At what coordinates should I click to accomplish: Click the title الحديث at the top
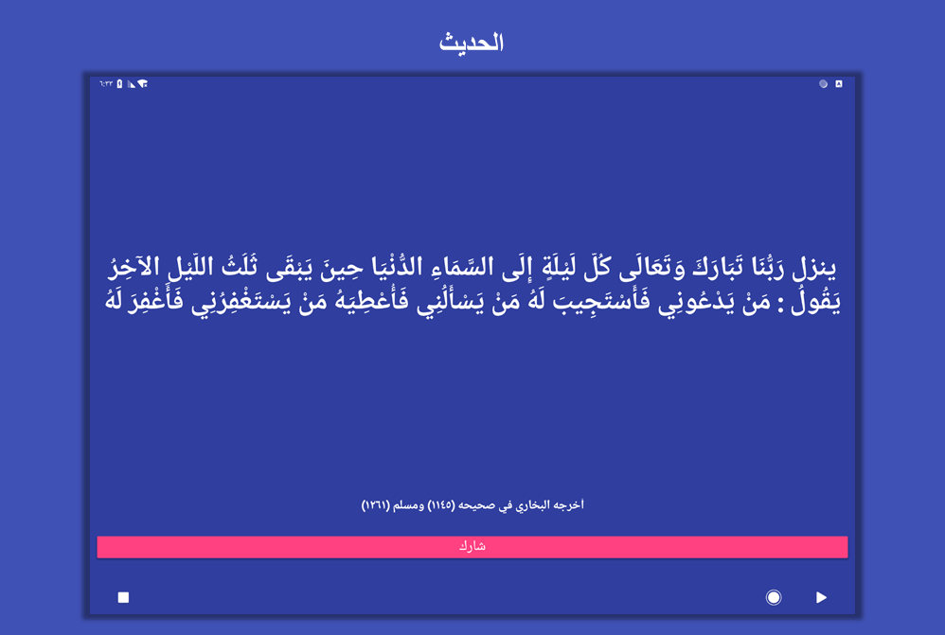[472, 43]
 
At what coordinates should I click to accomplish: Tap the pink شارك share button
[472, 546]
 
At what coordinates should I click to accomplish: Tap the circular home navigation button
[774, 597]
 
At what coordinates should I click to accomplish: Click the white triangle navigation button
[821, 597]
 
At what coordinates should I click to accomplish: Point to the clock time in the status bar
[106, 83]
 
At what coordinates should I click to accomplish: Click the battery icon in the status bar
[119, 83]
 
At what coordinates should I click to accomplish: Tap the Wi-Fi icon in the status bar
[143, 83]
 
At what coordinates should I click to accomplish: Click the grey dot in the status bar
[823, 83]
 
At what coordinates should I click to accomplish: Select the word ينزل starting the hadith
[815, 269]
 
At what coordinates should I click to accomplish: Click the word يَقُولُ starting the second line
[817, 301]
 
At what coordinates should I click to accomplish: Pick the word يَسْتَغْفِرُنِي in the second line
[241, 301]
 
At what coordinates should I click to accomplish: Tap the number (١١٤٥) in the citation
[441, 504]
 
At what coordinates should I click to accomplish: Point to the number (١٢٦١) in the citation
[376, 504]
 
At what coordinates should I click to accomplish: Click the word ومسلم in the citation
[408, 504]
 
